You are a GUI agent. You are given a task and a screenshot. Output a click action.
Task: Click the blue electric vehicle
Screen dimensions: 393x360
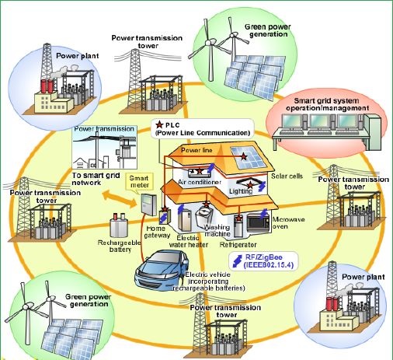pos(161,271)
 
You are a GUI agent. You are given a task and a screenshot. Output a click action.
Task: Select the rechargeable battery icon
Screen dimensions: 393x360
pos(119,225)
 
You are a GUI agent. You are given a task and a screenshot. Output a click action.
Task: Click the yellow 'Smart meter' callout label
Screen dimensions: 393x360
pos(139,182)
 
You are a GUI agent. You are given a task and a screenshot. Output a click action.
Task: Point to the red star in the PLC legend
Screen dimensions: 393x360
pos(159,124)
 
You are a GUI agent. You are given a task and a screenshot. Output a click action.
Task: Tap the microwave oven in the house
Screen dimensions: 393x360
pos(258,222)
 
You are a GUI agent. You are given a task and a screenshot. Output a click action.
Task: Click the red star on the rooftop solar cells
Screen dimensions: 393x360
pos(244,156)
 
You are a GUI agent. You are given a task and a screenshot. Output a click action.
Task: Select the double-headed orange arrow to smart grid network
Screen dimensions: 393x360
pos(120,198)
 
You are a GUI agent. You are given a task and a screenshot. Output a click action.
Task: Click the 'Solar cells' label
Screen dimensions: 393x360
pos(287,177)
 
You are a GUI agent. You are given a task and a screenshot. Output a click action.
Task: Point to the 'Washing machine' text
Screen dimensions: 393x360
pos(217,230)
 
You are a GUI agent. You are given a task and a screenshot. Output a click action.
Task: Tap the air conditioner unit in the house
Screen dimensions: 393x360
pos(200,172)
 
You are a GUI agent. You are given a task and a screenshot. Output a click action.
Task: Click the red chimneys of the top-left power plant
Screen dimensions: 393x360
pos(47,86)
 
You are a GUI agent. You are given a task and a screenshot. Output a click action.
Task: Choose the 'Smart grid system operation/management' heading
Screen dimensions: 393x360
pos(327,104)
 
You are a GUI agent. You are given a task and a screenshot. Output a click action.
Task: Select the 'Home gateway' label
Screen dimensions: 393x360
pos(157,232)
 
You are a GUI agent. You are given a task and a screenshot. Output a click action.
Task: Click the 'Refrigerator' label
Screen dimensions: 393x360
pos(238,245)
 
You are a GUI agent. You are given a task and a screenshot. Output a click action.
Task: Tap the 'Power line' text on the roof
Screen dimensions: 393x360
pos(196,150)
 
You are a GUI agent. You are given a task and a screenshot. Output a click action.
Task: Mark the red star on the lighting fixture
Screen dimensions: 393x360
pos(250,185)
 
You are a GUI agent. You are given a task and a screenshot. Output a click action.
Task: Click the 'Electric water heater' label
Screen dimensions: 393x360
pos(189,241)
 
